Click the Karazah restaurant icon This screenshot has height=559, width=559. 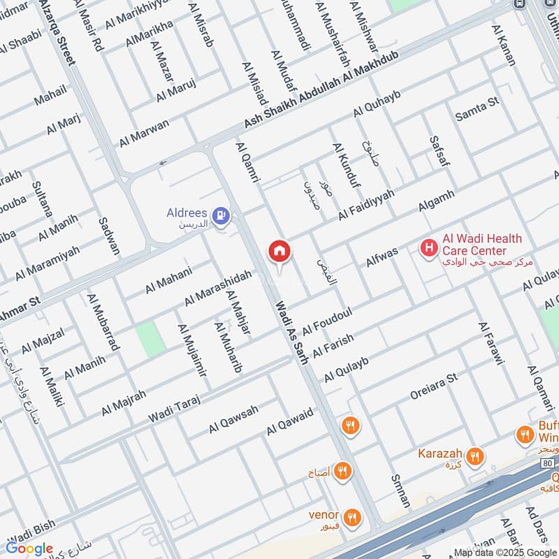(475, 456)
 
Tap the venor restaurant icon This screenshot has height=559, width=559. (352, 517)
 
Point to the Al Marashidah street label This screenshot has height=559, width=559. (217, 289)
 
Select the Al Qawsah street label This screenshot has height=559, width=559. (233, 419)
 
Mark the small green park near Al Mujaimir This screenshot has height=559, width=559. (149, 340)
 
